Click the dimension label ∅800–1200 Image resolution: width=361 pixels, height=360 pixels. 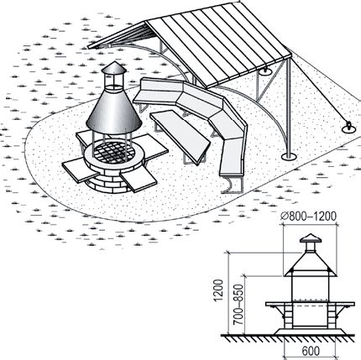click(x=308, y=217)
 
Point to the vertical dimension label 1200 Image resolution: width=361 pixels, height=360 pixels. click(x=218, y=290)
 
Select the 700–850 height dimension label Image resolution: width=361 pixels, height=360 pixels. click(x=238, y=305)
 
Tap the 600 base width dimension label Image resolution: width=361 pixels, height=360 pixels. click(x=311, y=351)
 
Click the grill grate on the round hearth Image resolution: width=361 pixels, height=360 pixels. click(x=114, y=152)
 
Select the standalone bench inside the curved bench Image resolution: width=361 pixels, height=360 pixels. click(x=180, y=136)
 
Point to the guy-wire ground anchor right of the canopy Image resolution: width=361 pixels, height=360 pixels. click(x=349, y=128)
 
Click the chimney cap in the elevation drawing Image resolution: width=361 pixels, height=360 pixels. click(x=311, y=238)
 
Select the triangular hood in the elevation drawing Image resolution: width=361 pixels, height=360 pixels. click(x=310, y=264)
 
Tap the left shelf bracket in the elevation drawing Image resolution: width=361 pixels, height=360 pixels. click(x=278, y=310)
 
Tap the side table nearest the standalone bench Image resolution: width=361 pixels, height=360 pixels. click(x=153, y=148)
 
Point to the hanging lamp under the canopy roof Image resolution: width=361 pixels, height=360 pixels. click(x=265, y=71)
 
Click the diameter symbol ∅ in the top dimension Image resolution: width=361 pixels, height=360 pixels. click(x=285, y=217)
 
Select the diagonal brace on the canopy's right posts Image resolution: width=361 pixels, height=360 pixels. click(x=270, y=81)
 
